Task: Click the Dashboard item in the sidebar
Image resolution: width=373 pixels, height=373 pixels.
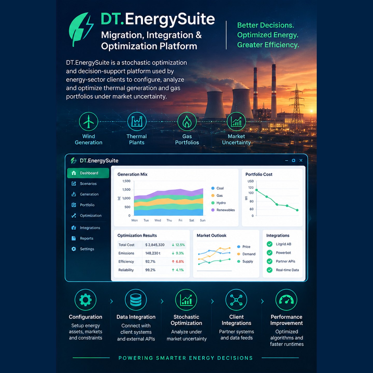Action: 88,173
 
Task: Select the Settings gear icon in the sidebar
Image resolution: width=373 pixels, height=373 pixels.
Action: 74,249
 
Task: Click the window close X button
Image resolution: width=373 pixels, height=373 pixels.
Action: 301,160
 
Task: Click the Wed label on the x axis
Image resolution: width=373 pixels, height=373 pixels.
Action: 157,220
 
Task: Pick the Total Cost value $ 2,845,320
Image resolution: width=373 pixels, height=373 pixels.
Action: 155,245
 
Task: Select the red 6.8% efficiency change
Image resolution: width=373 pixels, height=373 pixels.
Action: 178,262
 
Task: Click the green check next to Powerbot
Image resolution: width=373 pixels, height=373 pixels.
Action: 269,253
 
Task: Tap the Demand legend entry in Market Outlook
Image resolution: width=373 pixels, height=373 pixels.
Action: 246,254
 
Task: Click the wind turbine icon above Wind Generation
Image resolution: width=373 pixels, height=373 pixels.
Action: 89,121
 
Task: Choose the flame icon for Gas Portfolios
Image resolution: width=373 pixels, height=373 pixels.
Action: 187,121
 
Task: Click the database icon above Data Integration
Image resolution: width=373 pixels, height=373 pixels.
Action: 136,300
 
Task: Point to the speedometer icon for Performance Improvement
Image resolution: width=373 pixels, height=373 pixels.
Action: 286,300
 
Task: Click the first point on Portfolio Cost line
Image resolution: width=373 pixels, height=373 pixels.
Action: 256,190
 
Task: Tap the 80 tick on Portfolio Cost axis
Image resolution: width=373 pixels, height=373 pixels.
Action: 252,201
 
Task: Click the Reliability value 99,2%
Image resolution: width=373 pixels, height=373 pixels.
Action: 150,270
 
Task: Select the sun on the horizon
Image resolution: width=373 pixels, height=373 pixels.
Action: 311,111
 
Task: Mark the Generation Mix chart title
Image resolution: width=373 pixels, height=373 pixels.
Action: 132,174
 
